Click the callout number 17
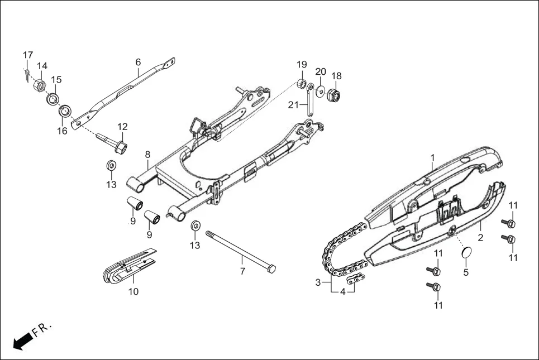[x=28, y=55]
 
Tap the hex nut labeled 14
[x=40, y=86]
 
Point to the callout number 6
[x=137, y=61]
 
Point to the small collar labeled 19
[x=301, y=84]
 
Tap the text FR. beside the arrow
[x=42, y=329]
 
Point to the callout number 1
[x=432, y=159]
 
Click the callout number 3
[x=318, y=282]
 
